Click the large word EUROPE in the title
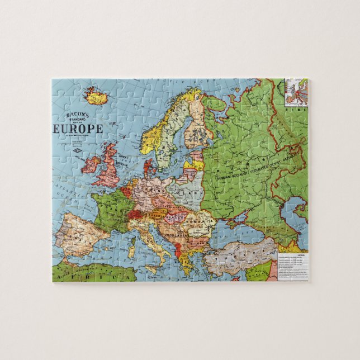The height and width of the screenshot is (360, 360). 78,128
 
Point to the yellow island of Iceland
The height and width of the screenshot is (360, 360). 96,97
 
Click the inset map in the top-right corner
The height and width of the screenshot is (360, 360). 296,92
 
